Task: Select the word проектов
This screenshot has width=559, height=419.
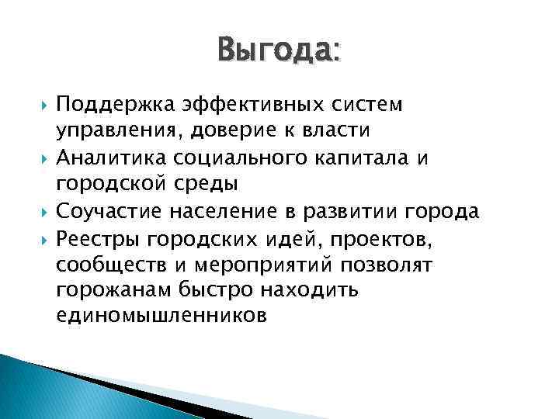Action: (363, 237)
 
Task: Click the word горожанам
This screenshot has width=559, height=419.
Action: (113, 289)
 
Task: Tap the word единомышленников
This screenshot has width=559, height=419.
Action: (161, 316)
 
